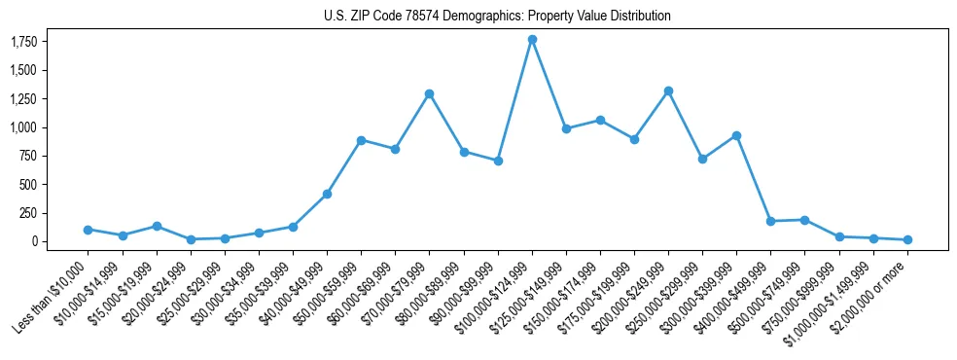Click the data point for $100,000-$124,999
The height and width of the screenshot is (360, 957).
pyautogui.click(x=532, y=40)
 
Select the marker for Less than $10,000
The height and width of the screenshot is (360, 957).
pyautogui.click(x=89, y=230)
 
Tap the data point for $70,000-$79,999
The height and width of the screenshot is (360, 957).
pyautogui.click(x=429, y=94)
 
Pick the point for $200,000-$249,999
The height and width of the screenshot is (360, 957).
pyautogui.click(x=668, y=91)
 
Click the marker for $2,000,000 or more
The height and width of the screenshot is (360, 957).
pyautogui.click(x=907, y=239)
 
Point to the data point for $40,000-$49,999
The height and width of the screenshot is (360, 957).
pyautogui.click(x=327, y=194)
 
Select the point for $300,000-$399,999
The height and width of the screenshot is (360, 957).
pyautogui.click(x=736, y=135)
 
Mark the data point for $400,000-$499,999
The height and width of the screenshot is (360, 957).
pyautogui.click(x=770, y=221)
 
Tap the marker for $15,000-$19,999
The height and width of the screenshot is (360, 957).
pyautogui.click(x=157, y=226)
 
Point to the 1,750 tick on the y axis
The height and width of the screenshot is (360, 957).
pyautogui.click(x=24, y=42)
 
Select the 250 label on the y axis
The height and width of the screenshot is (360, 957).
pyautogui.click(x=28, y=213)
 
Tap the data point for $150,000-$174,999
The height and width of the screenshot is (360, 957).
pyautogui.click(x=600, y=121)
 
